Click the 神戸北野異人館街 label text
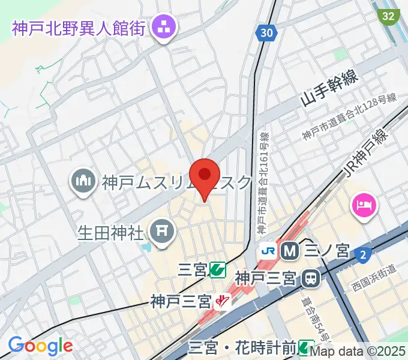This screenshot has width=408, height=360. [x=79, y=27]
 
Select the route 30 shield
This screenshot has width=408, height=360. [x=266, y=32]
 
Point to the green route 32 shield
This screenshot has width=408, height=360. [x=389, y=15]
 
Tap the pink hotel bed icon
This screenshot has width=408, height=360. [x=364, y=206]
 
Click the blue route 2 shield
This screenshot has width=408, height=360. [x=361, y=255]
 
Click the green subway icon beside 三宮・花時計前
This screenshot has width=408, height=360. [x=306, y=347]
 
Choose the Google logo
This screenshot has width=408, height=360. [x=40, y=345]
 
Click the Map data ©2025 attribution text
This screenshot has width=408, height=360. [x=358, y=352]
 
